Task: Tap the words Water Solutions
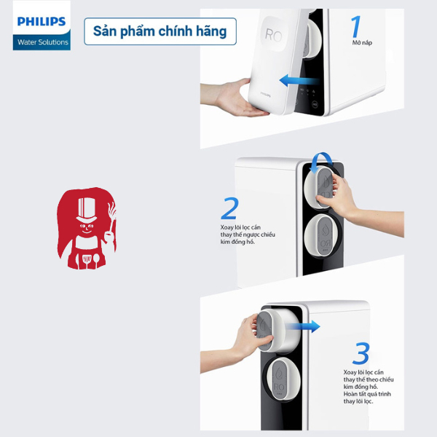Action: pos(42,42)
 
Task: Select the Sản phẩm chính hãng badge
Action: pos(160,31)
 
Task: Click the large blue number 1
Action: pos(356,26)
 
